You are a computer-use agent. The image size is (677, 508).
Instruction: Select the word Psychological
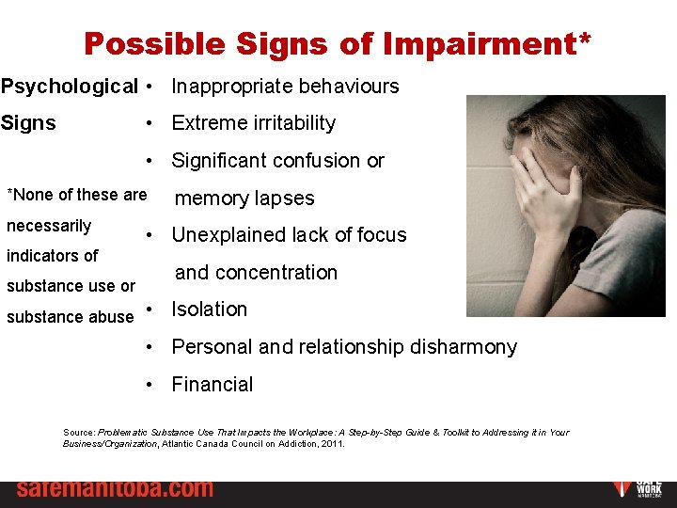pyautogui.click(x=69, y=87)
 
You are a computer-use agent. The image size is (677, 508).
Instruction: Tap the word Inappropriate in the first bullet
pyautogui.click(x=232, y=87)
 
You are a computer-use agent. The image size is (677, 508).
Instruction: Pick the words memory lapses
pyautogui.click(x=244, y=198)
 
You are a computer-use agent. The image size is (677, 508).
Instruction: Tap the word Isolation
pyautogui.click(x=209, y=310)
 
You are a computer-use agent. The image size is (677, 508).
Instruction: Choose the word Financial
pyautogui.click(x=212, y=385)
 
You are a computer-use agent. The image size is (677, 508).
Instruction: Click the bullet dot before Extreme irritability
pyautogui.click(x=150, y=123)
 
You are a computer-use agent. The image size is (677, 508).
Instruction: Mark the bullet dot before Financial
pyautogui.click(x=150, y=385)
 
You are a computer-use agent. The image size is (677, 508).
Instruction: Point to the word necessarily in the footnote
pyautogui.click(x=49, y=226)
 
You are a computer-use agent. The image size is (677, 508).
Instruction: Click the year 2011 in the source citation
pyautogui.click(x=333, y=443)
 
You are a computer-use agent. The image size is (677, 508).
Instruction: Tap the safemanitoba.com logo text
pyautogui.click(x=114, y=489)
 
